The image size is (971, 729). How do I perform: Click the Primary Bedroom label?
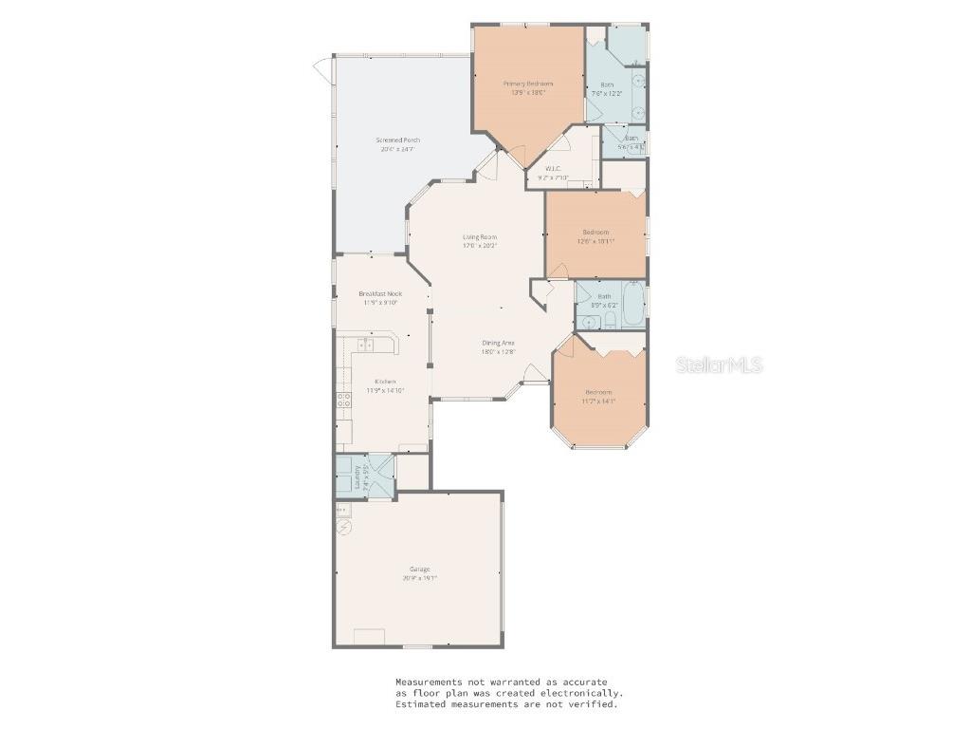(527, 84)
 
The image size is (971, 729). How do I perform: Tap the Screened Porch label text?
(399, 140)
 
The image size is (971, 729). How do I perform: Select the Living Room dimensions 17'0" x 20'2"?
(480, 246)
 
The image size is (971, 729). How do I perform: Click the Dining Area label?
(498, 343)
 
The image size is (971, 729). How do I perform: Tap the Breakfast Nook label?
(379, 293)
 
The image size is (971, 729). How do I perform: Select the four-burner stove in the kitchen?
(343, 402)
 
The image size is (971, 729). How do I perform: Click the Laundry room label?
(357, 475)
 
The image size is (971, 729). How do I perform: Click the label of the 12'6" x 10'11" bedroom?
(595, 232)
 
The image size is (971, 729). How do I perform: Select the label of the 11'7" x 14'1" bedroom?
(598, 392)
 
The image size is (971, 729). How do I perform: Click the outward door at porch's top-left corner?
(322, 68)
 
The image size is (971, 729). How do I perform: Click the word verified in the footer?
(597, 704)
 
